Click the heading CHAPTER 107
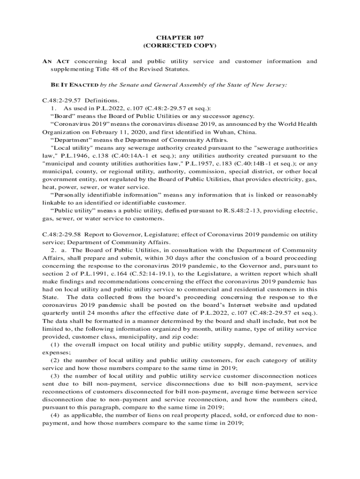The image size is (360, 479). [180, 37]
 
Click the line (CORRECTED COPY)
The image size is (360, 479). [180, 45]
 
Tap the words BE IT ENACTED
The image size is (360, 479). [74, 85]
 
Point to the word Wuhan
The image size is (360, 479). [212, 132]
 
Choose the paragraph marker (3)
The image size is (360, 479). [55, 376]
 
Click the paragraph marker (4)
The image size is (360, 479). [55, 415]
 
